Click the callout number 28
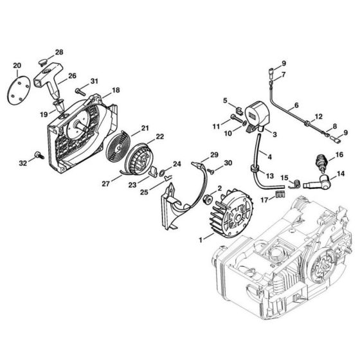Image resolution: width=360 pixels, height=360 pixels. [x=59, y=52]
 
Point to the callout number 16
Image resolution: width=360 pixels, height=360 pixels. [x=339, y=154]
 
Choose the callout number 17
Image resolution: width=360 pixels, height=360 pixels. [x=264, y=200]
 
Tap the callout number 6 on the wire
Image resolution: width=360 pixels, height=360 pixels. [x=296, y=105]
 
